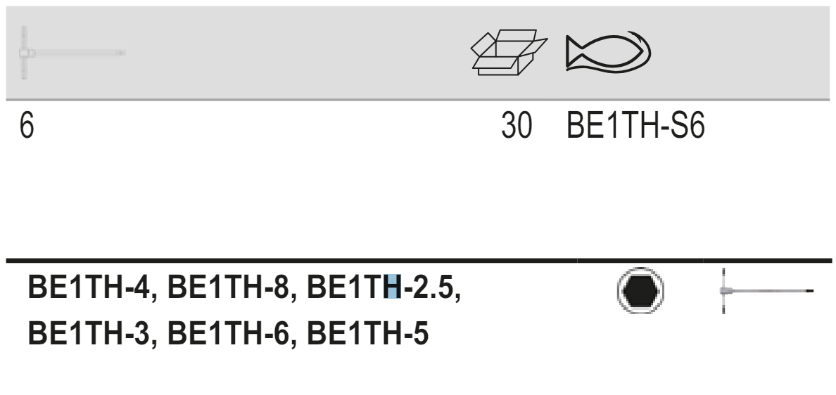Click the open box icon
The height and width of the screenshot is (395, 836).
click(508, 53)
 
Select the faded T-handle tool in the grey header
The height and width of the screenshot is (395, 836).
click(70, 53)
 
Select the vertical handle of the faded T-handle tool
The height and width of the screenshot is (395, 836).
click(23, 53)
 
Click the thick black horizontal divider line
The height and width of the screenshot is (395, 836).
click(418, 261)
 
